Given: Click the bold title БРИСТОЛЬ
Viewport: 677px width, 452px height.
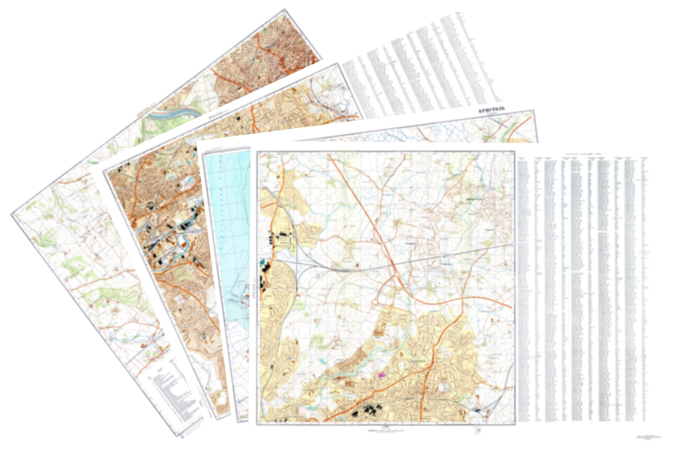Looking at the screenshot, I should click(x=491, y=110).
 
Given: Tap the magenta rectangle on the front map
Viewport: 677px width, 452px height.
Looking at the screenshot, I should click(x=382, y=375).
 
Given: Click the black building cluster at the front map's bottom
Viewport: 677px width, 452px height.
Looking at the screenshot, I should click(x=367, y=411).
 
